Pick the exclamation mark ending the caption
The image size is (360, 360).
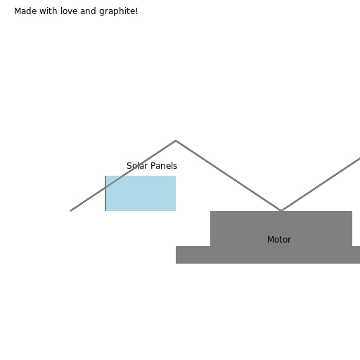(136, 11)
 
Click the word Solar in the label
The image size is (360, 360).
(137, 166)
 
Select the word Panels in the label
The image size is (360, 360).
(164, 166)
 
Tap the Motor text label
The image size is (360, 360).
(279, 240)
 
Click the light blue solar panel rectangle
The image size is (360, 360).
(141, 193)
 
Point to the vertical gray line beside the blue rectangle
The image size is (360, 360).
(105, 193)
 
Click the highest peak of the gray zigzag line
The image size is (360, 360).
(176, 141)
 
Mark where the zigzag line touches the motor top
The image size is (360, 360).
(281, 210)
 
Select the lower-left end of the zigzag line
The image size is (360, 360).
(70, 211)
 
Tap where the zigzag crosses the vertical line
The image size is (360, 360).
(105, 188)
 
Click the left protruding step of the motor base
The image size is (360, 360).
(193, 255)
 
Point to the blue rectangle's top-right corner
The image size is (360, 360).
(176, 176)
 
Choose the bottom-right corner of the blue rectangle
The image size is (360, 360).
(176, 211)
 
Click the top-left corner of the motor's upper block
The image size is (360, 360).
(210, 211)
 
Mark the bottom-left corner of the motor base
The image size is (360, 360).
(176, 264)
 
